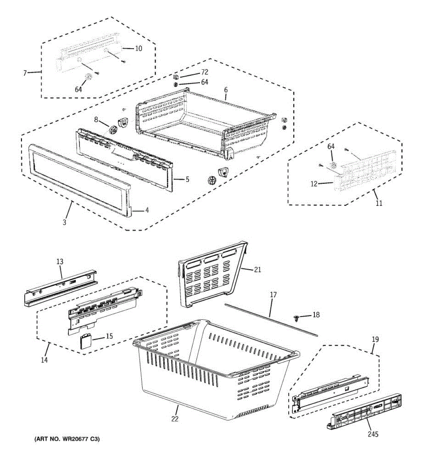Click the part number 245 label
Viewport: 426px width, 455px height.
tap(373, 434)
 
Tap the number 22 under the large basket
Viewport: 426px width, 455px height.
tap(175, 419)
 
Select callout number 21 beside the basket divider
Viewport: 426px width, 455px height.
tap(257, 270)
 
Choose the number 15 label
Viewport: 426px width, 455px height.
tap(109, 336)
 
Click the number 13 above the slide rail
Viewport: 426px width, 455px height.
tap(60, 262)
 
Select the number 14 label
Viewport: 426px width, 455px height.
tap(45, 360)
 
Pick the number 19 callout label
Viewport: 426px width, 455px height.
tap(375, 339)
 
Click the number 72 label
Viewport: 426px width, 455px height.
tap(204, 72)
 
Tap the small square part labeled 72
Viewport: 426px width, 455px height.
tap(176, 76)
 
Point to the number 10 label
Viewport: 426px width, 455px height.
tap(139, 49)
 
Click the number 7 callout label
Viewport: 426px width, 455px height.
tap(25, 73)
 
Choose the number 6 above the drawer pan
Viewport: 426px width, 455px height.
tap(226, 90)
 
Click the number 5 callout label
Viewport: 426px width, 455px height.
tap(187, 179)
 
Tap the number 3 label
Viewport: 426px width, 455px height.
tap(64, 223)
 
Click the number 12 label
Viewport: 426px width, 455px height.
tap(314, 184)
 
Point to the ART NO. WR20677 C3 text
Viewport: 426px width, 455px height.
tap(67, 439)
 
